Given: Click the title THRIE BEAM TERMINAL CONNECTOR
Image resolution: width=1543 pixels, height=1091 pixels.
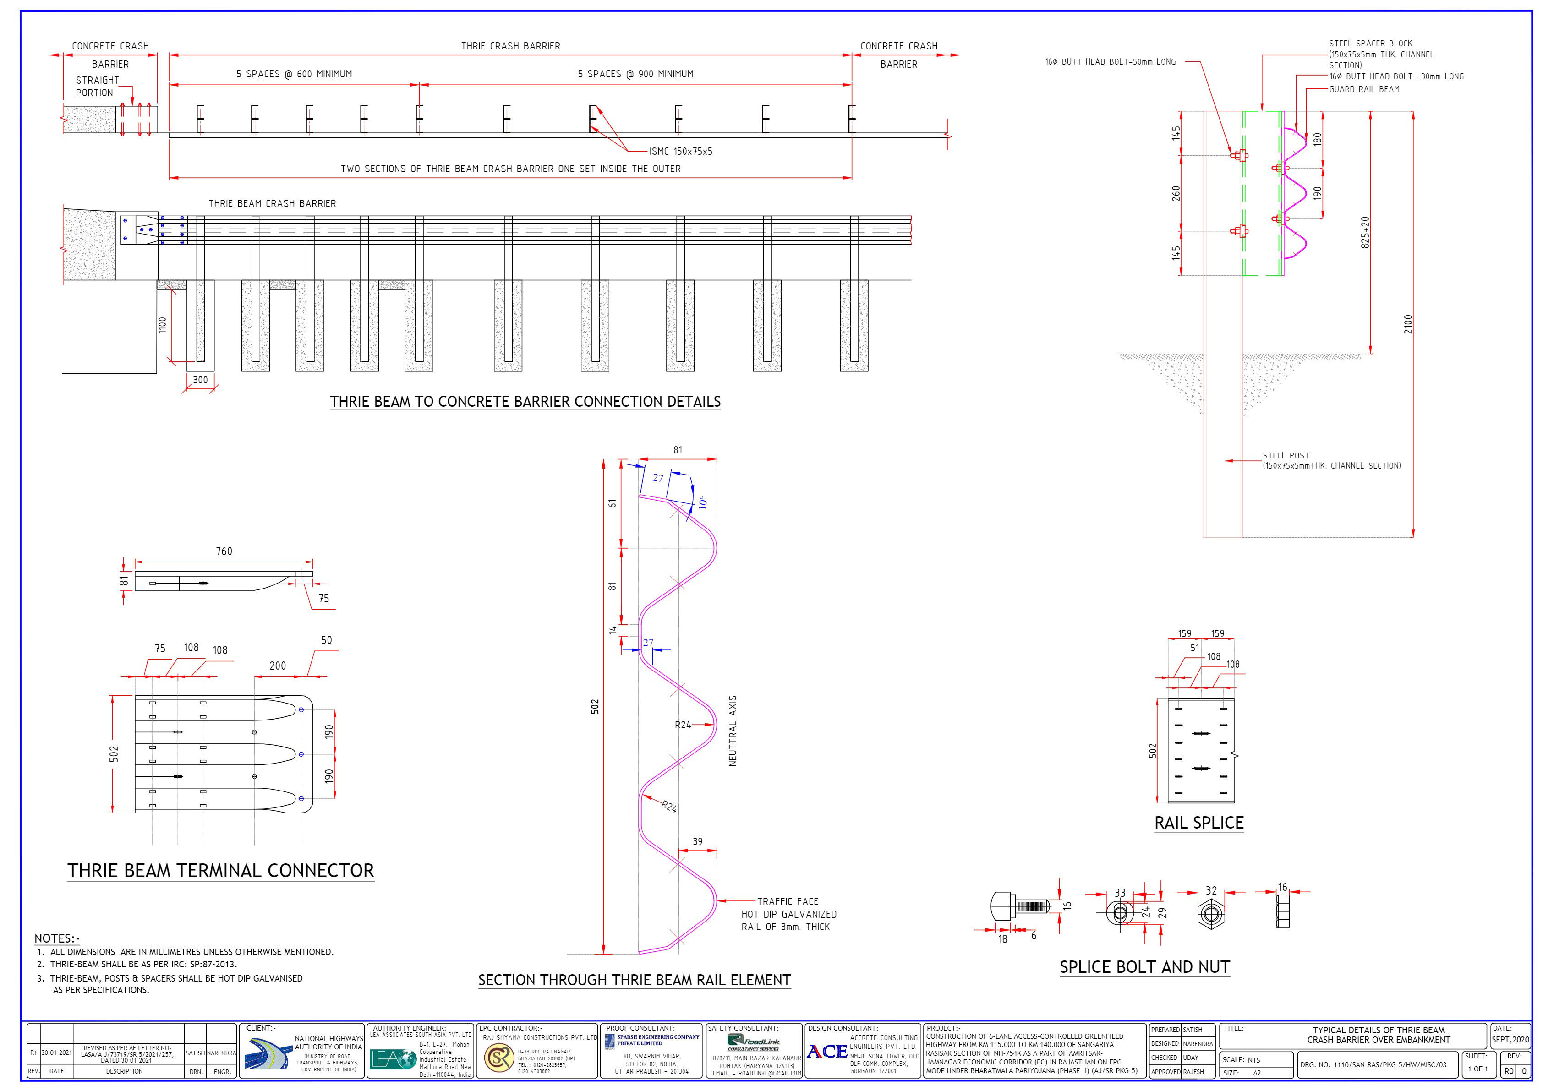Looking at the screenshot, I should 220,871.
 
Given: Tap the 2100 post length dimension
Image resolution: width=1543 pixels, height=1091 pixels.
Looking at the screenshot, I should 1408,324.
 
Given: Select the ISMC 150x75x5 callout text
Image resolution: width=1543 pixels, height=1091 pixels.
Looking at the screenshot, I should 680,152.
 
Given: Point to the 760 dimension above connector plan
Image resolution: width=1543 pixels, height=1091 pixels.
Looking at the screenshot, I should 224,551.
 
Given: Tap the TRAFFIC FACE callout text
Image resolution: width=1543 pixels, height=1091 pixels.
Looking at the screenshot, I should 788,901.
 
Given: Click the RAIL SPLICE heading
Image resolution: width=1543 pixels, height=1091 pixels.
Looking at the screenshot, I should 1199,823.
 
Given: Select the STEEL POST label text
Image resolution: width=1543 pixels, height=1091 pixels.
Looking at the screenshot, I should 1286,455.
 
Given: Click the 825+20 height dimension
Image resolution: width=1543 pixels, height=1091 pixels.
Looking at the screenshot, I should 1365,232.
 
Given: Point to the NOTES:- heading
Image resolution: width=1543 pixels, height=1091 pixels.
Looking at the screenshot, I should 57,938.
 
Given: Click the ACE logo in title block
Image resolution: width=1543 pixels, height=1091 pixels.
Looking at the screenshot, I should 826,1052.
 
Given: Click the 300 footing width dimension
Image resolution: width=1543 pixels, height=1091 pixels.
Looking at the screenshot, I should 200,380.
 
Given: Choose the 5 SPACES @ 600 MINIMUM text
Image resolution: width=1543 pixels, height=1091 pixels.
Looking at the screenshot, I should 294,74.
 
